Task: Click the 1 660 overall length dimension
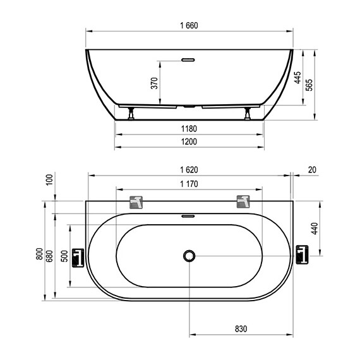click(x=189, y=25)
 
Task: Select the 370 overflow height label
click(x=155, y=83)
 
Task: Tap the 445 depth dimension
click(x=297, y=78)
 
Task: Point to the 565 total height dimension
click(x=309, y=85)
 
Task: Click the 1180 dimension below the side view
click(x=189, y=129)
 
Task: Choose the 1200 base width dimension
click(x=189, y=141)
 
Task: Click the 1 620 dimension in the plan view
click(x=189, y=170)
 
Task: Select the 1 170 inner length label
click(x=189, y=184)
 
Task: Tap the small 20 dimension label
click(x=312, y=170)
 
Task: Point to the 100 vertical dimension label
click(x=50, y=180)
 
